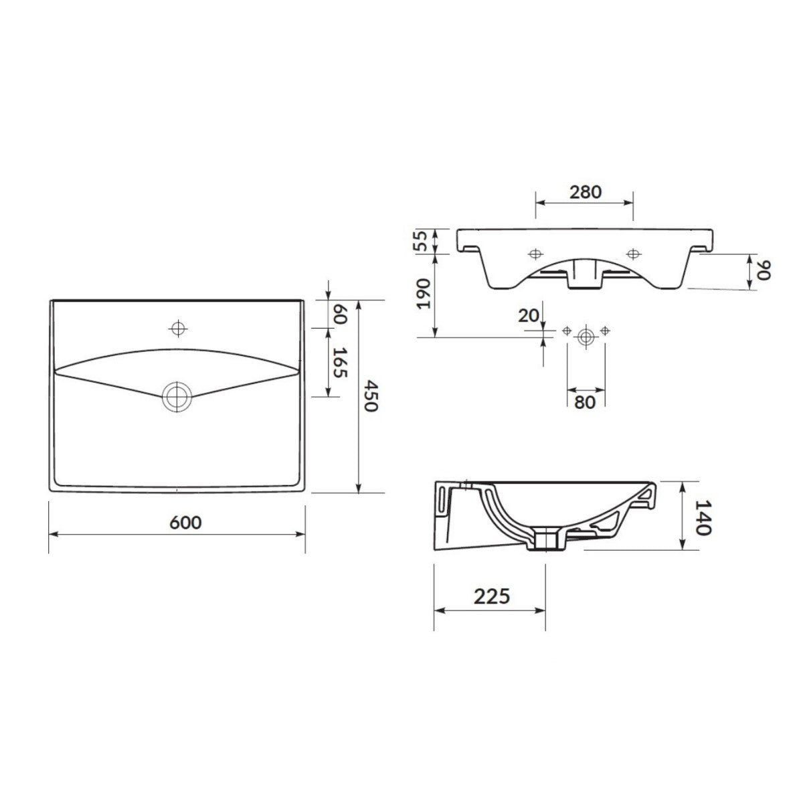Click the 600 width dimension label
click(x=186, y=522)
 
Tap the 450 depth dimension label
click(x=370, y=395)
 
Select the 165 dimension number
click(x=341, y=363)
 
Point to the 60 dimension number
click(x=340, y=315)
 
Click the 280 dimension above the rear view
click(x=586, y=191)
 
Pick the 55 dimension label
click(x=422, y=241)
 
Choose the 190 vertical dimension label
click(x=423, y=293)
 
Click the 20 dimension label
click(x=529, y=316)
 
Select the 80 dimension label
click(x=584, y=403)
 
